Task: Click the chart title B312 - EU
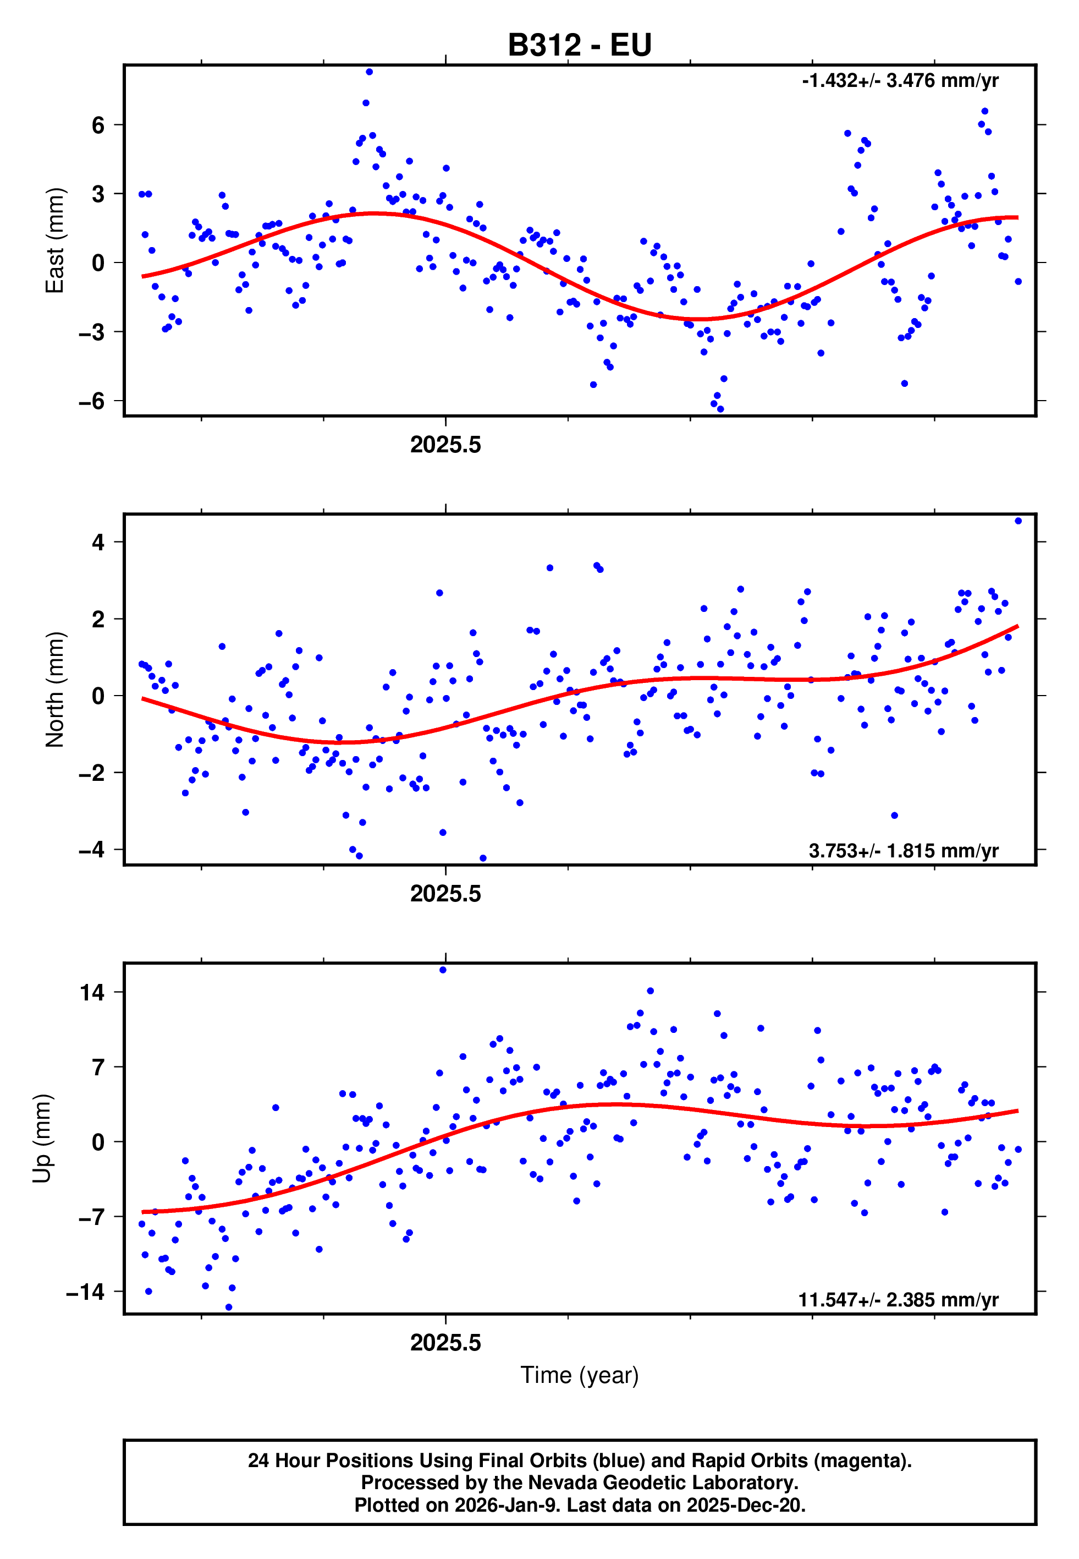(x=580, y=45)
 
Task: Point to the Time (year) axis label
(x=580, y=1375)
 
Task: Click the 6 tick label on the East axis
(x=98, y=125)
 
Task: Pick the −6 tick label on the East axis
(x=92, y=401)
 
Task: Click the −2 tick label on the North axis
(x=92, y=773)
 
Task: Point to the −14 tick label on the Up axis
(x=86, y=1292)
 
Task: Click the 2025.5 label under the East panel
(x=445, y=445)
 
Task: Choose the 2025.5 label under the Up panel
(x=445, y=1343)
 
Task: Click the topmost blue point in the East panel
(x=369, y=72)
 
